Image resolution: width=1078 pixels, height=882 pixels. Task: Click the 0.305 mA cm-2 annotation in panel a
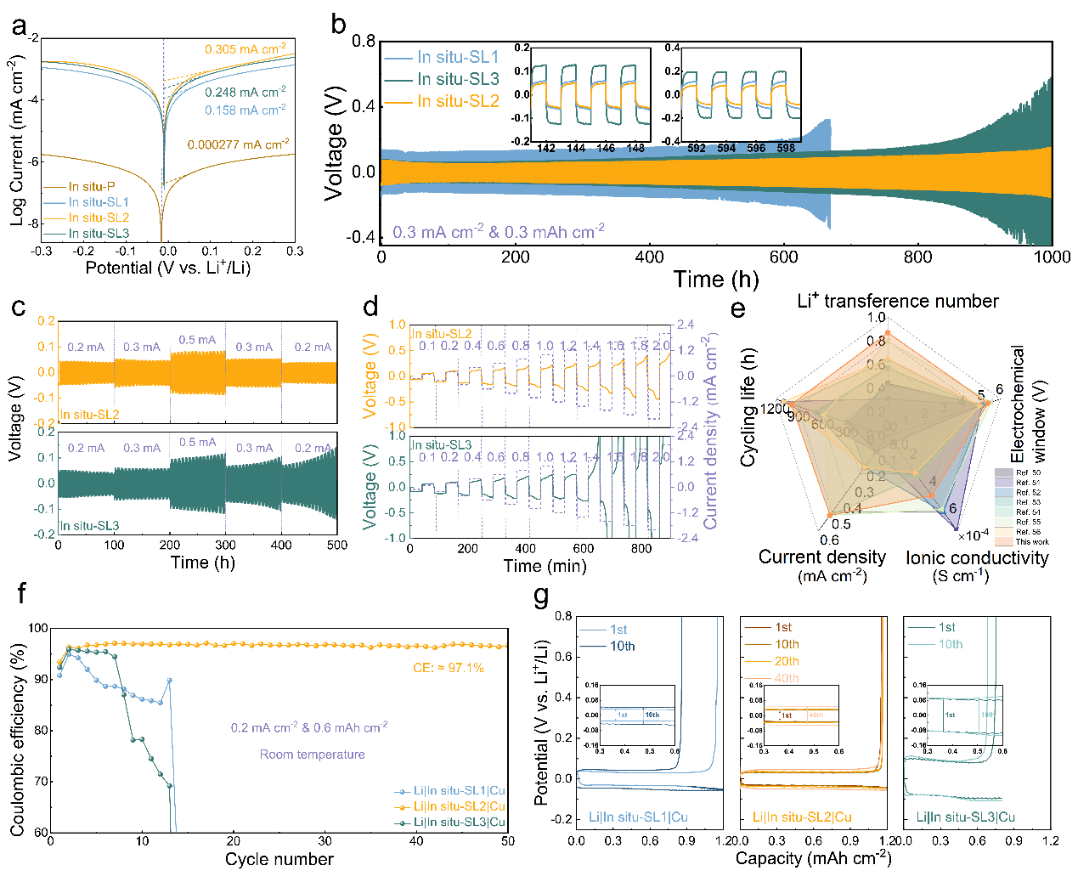[x=245, y=49]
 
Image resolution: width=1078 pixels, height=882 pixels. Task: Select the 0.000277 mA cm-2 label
[x=238, y=144]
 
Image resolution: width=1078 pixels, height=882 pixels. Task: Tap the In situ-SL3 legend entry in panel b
[x=458, y=79]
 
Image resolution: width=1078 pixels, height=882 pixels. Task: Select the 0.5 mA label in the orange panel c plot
[x=197, y=340]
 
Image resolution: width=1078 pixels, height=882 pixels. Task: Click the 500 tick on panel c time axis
[x=337, y=545]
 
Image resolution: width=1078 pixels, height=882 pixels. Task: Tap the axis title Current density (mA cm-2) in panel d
[x=711, y=432]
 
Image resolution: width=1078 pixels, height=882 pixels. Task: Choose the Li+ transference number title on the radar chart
[x=898, y=301]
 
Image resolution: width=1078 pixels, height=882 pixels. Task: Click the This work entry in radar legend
[x=1032, y=541]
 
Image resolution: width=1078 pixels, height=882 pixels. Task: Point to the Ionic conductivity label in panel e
[x=977, y=557]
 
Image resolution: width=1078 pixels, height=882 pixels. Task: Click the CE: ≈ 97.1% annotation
[x=449, y=668]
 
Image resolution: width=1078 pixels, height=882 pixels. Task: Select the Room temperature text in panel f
[x=312, y=755]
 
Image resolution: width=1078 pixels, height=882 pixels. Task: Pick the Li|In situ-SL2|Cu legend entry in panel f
[x=459, y=806]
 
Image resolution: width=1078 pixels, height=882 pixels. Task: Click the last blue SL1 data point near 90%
[x=170, y=680]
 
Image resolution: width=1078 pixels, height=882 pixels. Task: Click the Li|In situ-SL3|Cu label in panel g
[x=965, y=817]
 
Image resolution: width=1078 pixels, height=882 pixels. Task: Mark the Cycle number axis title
[x=279, y=859]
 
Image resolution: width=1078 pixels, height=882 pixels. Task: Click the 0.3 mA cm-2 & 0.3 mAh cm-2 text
[x=499, y=231]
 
